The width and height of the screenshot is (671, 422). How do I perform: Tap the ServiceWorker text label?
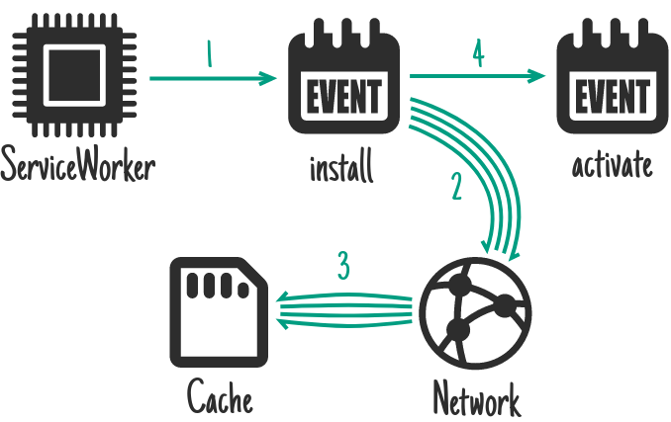coord(78,165)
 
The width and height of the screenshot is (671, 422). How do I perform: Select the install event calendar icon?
coord(342,83)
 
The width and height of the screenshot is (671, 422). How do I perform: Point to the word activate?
coord(613,165)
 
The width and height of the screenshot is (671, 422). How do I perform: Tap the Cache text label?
coord(220,398)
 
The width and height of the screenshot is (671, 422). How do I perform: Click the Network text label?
coord(476,399)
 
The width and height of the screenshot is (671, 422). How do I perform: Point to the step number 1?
coord(209,55)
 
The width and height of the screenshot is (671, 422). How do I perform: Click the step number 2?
coord(456,187)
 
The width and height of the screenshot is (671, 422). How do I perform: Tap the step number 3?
coord(342,267)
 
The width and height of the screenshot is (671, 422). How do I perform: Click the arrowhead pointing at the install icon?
coord(269,78)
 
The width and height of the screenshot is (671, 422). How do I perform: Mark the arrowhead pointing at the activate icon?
coord(539,76)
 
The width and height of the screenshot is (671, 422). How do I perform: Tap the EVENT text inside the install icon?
coord(342,98)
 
